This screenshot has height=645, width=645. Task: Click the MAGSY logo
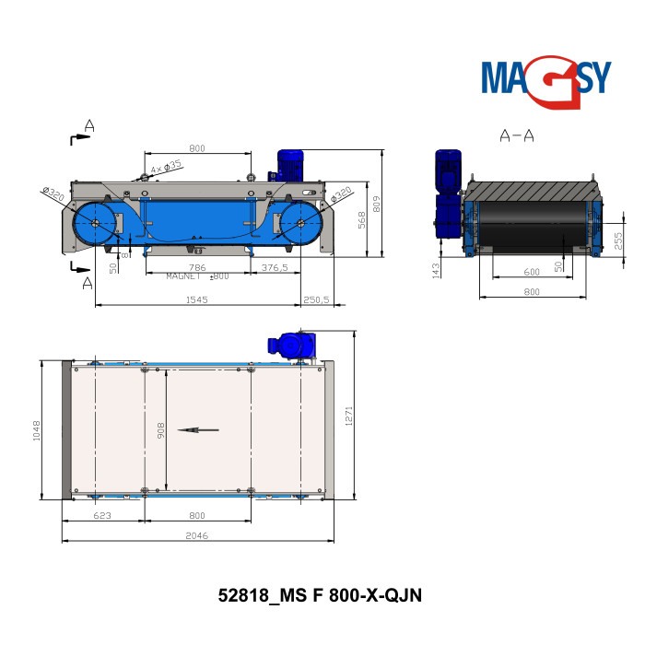point(545,77)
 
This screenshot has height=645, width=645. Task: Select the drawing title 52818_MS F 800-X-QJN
point(318,594)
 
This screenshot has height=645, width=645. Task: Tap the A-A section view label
point(517,136)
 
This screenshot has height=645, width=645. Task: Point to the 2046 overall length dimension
point(198,535)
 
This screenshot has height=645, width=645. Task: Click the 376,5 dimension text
point(276,268)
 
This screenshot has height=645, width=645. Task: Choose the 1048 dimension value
point(37,430)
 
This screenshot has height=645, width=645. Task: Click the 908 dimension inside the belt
point(159,430)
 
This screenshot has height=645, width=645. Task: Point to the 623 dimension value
point(102,516)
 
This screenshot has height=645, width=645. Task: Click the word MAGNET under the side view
point(183,276)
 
